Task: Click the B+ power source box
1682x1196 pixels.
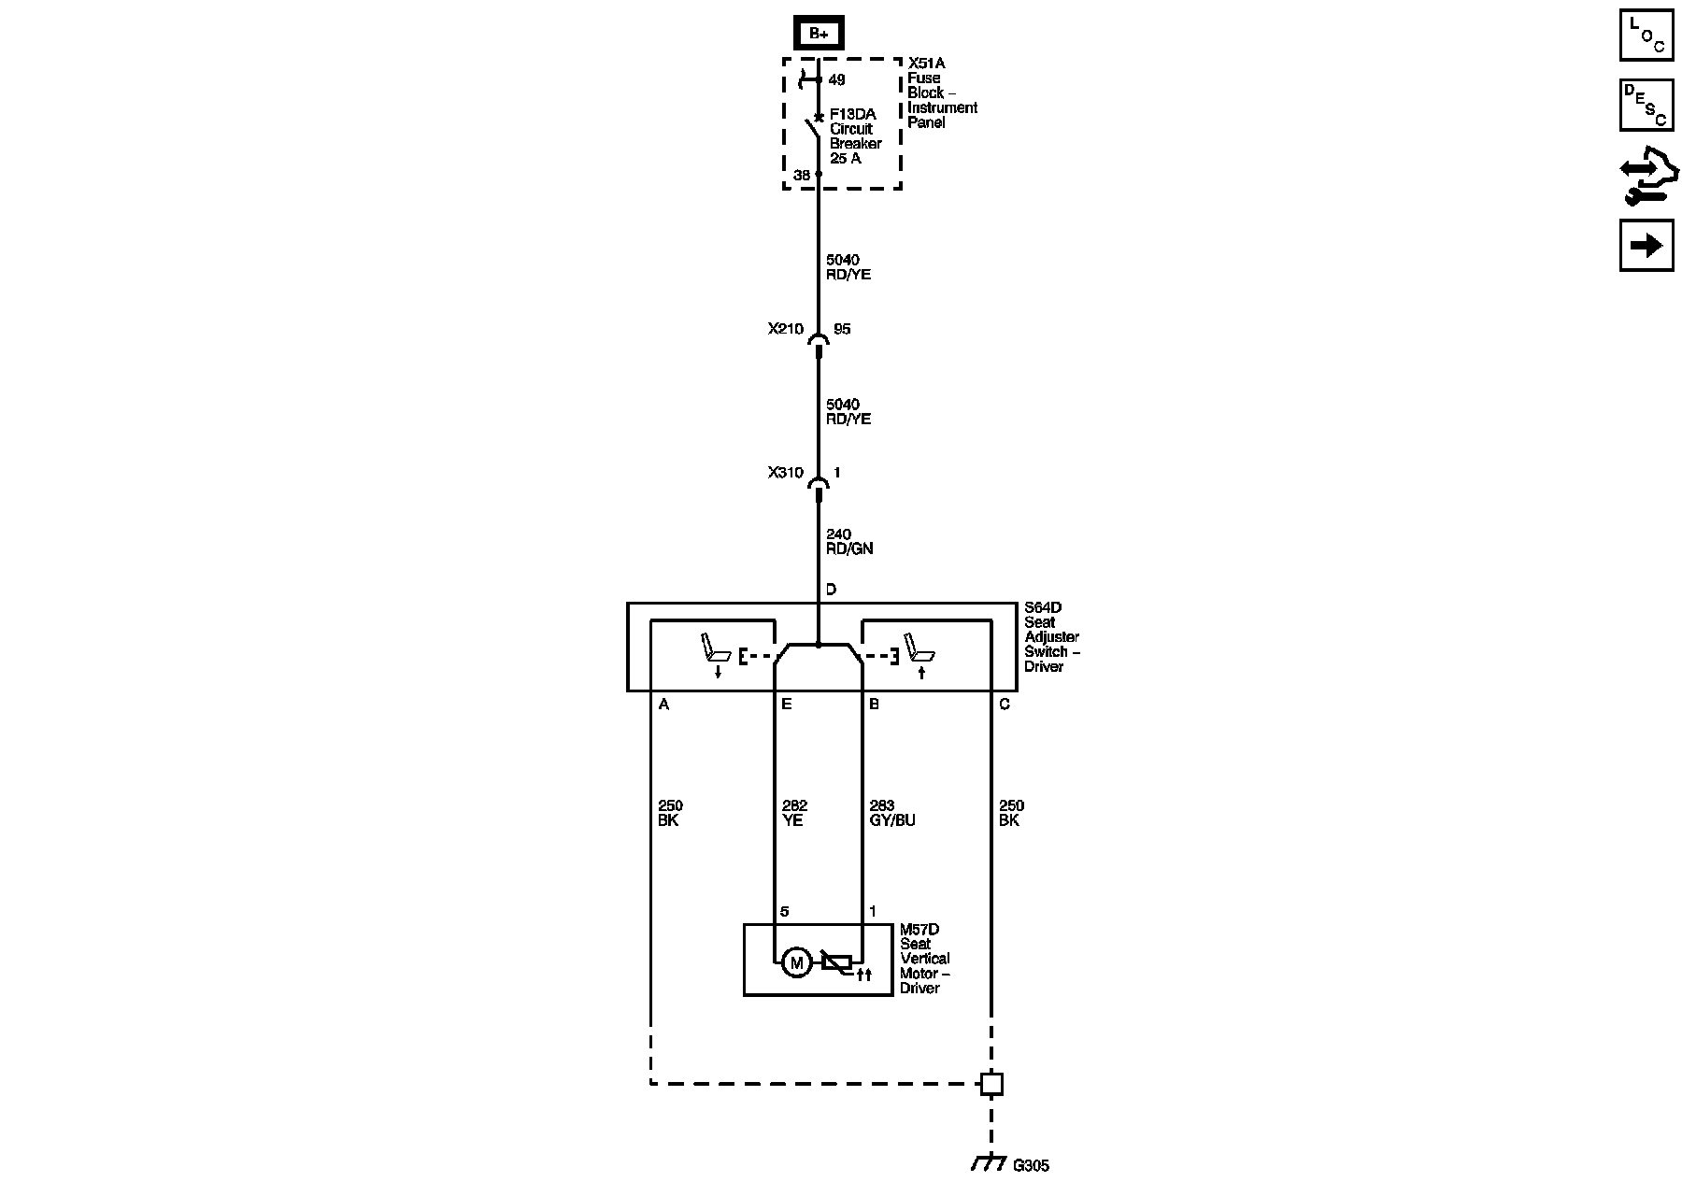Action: (819, 34)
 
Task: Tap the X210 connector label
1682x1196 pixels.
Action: (785, 329)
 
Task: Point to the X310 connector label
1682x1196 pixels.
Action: (785, 473)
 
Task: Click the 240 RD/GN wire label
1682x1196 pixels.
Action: (848, 542)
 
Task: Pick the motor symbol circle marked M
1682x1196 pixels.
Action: (796, 963)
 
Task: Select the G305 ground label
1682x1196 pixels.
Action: (1031, 1166)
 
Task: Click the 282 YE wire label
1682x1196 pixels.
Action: (793, 813)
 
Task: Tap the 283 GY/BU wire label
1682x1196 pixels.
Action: (891, 813)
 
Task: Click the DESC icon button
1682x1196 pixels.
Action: (1646, 106)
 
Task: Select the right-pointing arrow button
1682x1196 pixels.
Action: (1646, 246)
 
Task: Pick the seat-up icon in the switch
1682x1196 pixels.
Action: (919, 654)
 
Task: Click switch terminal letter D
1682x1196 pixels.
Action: (831, 590)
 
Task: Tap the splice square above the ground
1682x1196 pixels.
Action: (991, 1084)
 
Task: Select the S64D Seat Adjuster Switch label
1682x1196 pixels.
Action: (1051, 637)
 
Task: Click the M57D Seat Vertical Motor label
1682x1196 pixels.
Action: (924, 959)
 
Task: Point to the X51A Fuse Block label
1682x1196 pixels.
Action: (941, 93)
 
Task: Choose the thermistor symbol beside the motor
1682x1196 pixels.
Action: (836, 963)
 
